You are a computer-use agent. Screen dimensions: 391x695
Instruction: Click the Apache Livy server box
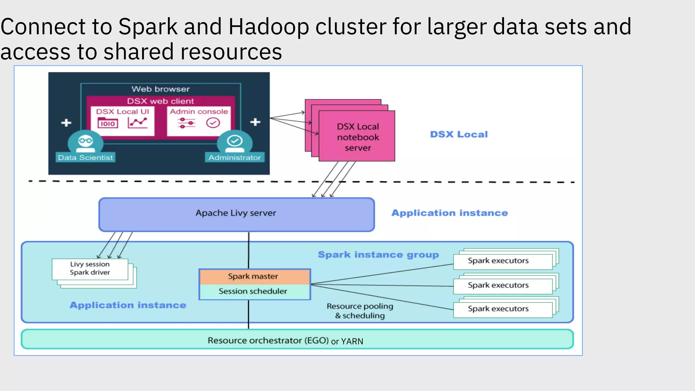[237, 214]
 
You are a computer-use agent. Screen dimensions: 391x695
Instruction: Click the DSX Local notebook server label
[358, 137]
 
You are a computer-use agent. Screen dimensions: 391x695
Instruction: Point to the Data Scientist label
[85, 157]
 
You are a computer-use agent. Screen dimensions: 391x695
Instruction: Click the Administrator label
[234, 157]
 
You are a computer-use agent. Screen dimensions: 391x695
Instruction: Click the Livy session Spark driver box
[90, 268]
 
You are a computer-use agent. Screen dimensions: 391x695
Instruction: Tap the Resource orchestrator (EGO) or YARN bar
[297, 340]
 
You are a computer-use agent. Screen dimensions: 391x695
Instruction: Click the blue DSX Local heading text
[459, 134]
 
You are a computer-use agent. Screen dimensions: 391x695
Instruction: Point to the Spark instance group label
[378, 255]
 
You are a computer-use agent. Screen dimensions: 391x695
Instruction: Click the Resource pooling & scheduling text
[360, 311]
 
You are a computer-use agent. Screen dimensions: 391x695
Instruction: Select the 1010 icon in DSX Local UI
[108, 123]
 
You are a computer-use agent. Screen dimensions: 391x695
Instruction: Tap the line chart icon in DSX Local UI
[137, 123]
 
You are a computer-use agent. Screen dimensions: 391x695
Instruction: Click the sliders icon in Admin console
[187, 123]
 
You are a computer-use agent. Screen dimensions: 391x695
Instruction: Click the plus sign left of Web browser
[66, 123]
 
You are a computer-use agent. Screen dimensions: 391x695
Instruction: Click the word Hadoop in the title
[268, 27]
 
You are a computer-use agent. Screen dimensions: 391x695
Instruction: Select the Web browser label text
[161, 89]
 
